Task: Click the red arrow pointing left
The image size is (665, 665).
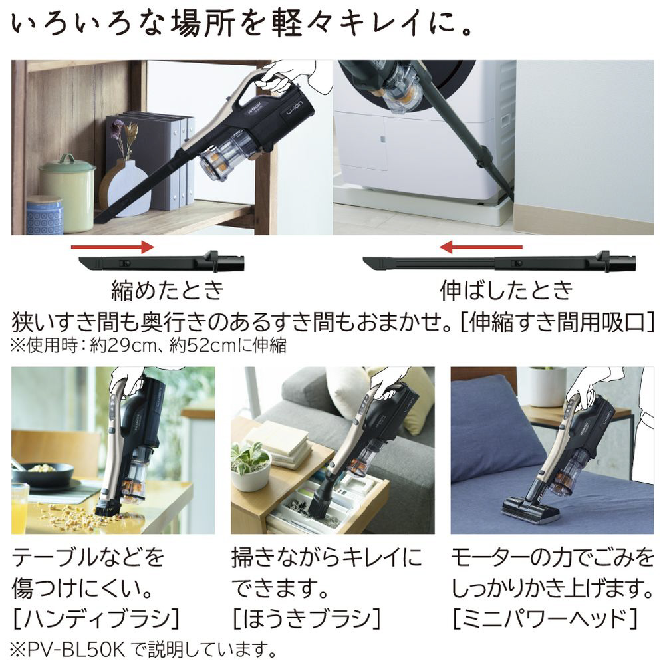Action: point(481,247)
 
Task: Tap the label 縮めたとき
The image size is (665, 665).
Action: point(168,290)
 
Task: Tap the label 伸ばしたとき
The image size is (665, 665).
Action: point(506,290)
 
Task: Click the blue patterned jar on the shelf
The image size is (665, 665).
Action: point(45,215)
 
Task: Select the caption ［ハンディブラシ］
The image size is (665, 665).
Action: point(96,618)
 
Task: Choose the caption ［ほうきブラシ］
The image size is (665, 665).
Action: point(306,618)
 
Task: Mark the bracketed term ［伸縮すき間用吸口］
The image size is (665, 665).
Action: point(558,323)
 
